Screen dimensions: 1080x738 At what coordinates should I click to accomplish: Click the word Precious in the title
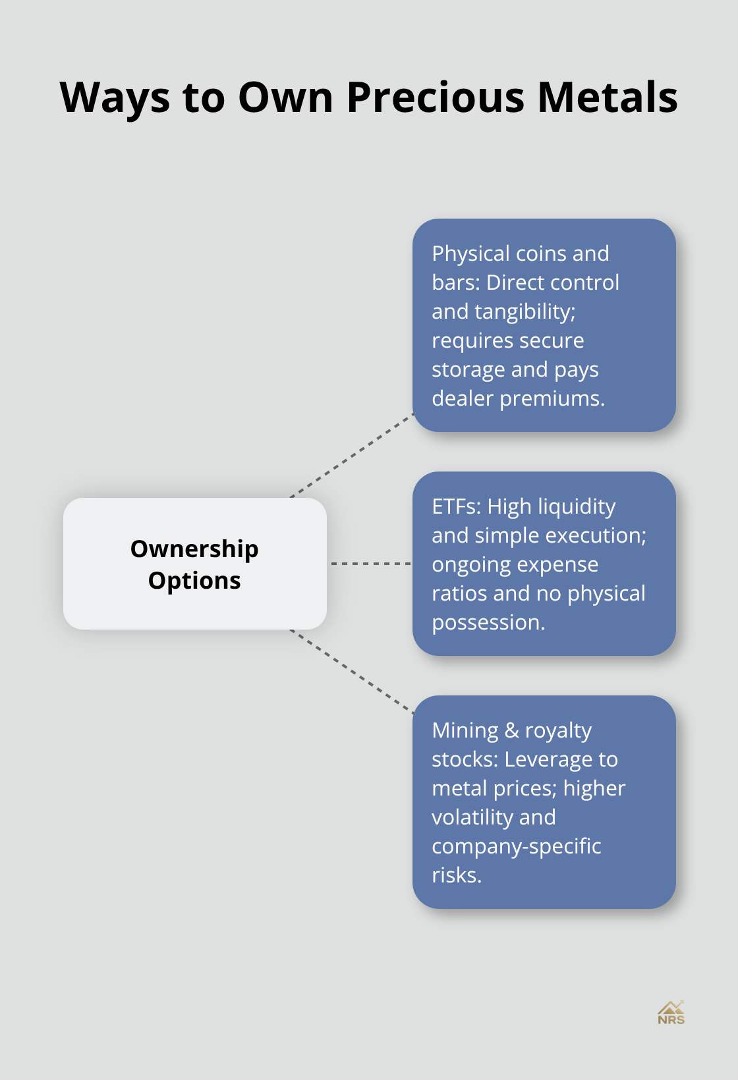[436, 97]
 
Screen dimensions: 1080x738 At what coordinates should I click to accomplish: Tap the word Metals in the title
[607, 97]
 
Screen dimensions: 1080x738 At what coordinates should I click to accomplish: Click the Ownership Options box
[195, 564]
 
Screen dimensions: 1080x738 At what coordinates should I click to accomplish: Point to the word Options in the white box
[194, 581]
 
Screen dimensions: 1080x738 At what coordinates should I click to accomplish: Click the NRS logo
[671, 1013]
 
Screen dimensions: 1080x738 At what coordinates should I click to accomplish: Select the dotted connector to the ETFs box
[370, 564]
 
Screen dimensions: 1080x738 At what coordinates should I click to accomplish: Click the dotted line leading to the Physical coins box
[352, 456]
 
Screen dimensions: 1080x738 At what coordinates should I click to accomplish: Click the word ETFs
[457, 506]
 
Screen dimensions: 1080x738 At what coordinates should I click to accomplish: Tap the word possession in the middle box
[488, 623]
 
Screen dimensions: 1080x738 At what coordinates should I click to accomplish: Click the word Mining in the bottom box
[465, 731]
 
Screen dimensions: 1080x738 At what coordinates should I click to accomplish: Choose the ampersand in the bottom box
[511, 730]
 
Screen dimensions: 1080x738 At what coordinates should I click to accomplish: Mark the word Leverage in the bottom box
[547, 760]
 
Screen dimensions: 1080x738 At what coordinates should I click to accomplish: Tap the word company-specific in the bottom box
[516, 847]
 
